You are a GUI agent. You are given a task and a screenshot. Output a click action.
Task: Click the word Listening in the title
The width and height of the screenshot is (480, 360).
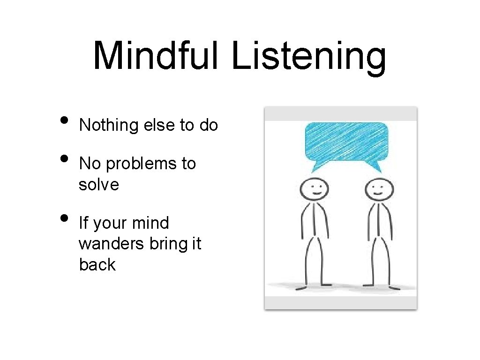pyautogui.click(x=309, y=56)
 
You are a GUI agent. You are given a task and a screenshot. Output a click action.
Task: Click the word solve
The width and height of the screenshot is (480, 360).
pyautogui.click(x=99, y=185)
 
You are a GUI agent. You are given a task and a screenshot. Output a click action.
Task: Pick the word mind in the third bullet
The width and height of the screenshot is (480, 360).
pyautogui.click(x=150, y=223)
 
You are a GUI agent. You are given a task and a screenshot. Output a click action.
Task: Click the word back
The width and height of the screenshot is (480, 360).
pyautogui.click(x=97, y=264)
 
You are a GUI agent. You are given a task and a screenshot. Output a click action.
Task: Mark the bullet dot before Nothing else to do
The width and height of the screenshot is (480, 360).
pyautogui.click(x=67, y=123)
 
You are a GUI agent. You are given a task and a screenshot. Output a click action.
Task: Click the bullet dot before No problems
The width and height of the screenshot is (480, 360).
pyautogui.click(x=67, y=162)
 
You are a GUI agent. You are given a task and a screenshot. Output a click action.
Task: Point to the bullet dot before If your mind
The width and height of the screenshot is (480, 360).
pyautogui.click(x=67, y=220)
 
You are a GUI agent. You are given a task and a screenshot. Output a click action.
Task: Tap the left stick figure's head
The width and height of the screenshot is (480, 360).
pyautogui.click(x=314, y=190)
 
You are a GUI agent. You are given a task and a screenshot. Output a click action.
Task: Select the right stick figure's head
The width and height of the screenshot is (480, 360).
pyautogui.click(x=378, y=190)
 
